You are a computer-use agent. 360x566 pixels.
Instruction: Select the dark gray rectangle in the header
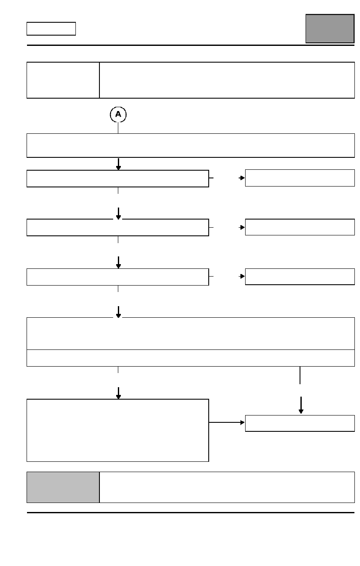coord(330,29)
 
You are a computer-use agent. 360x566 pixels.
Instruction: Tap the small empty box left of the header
coord(51,29)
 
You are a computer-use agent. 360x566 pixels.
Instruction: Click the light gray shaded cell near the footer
coord(63,487)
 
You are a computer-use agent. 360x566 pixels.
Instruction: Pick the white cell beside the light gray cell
coord(227,487)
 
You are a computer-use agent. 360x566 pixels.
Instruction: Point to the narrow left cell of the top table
coord(63,80)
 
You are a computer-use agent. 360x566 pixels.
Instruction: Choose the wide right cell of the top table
coord(227,80)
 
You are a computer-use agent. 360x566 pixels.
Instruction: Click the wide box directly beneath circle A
coord(191,145)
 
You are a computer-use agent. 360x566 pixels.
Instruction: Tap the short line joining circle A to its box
coord(118,128)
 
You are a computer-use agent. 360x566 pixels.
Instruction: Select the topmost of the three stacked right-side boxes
coord(300,178)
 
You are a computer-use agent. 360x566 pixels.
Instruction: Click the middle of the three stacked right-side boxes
coord(300,227)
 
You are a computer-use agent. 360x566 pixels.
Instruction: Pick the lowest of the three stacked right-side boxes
coord(300,277)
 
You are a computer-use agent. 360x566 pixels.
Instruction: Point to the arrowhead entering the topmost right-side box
coord(242,178)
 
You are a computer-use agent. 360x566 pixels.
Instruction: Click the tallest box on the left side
coord(118,431)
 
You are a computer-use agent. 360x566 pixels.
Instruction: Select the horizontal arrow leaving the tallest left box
coord(227,422)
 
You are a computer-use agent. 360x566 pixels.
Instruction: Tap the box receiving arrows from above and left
coord(300,423)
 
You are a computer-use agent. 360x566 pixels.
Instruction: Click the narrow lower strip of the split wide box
coord(191,358)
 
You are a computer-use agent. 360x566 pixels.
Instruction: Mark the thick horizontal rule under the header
coord(191,45)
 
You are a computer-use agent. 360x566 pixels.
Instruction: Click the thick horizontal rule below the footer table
coord(191,512)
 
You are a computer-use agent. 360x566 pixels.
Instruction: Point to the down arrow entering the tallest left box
coord(118,393)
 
